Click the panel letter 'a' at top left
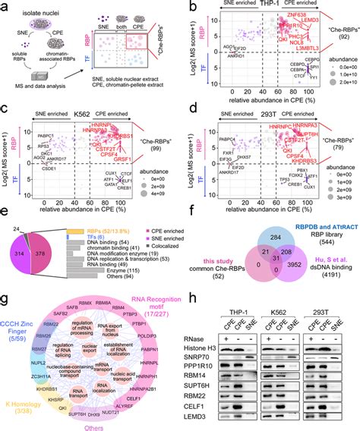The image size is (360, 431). pos(5,6)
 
